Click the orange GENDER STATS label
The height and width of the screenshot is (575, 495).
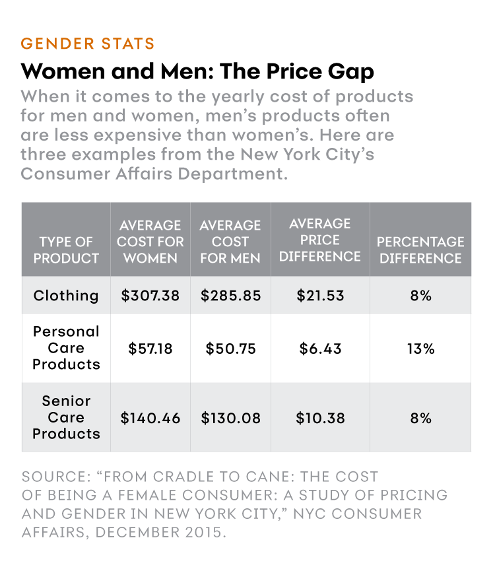point(88,44)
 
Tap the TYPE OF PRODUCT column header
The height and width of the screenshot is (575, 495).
point(66,250)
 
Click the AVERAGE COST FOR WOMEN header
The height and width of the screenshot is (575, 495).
point(150,242)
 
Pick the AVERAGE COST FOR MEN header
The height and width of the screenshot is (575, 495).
point(230,242)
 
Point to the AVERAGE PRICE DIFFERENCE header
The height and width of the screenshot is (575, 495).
point(319,240)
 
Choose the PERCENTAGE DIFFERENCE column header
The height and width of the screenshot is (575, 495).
point(420,250)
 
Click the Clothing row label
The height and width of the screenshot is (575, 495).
point(66,295)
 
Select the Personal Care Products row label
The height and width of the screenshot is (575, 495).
point(66,348)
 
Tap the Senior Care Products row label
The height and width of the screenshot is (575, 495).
point(66,417)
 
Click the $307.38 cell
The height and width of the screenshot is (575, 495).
point(150,295)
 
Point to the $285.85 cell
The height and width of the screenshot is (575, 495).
point(230,295)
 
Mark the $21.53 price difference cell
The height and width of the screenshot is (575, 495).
point(319,295)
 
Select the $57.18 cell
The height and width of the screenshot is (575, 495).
point(150,348)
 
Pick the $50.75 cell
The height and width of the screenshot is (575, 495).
point(230,348)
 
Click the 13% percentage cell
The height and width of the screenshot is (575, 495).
point(420,348)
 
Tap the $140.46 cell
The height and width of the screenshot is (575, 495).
point(150,418)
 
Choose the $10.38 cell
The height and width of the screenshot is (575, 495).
point(319,418)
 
